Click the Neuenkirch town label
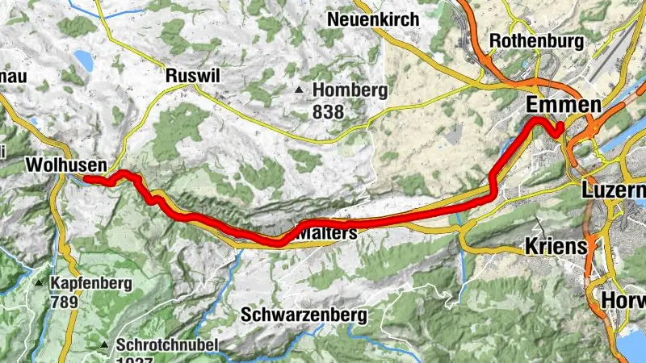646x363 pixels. point(373,19)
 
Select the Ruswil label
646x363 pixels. point(192,75)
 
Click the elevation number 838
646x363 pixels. point(329,111)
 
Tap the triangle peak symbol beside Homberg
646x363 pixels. point(300,90)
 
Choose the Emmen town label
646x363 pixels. point(564,105)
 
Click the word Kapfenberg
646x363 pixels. point(89,284)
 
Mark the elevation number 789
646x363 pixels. point(64,302)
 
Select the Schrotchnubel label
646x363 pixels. point(167,345)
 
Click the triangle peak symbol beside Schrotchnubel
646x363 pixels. point(104,346)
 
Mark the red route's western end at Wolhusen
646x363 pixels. point(86,179)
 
